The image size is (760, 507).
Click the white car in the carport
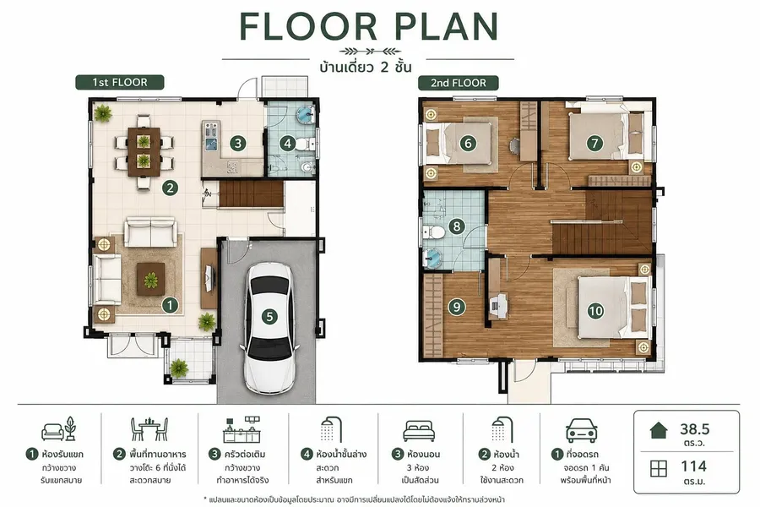click(x=269, y=330)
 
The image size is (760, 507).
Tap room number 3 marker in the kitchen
click(x=237, y=143)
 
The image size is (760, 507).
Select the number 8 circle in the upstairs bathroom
click(x=457, y=226)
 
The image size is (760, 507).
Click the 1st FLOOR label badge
click(x=120, y=83)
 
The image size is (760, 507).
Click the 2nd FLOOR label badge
click(x=459, y=83)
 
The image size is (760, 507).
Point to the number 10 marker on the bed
click(x=595, y=311)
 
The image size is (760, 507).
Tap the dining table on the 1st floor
click(x=144, y=151)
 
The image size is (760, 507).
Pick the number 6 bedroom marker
click(x=468, y=143)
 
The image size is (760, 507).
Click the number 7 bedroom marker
click(x=594, y=143)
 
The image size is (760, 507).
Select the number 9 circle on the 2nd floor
click(x=457, y=307)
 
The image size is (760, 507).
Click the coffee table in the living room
click(x=151, y=279)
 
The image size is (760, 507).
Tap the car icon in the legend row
click(x=581, y=430)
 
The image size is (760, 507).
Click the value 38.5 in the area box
click(x=695, y=429)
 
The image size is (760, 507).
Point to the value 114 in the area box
click(x=693, y=466)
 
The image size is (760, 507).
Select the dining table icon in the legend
click(x=149, y=429)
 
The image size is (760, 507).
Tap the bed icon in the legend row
click(x=419, y=431)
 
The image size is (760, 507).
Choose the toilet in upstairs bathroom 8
click(x=433, y=232)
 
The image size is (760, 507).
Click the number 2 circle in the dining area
click(x=170, y=188)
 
